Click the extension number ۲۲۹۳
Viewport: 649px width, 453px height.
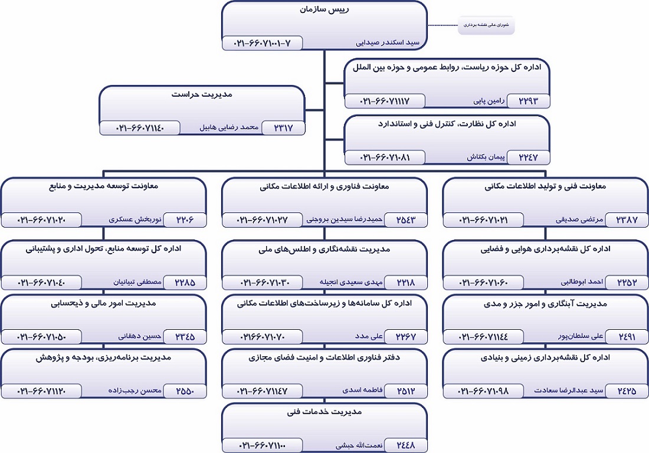[528, 101]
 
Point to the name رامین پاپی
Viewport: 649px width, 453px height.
[483, 101]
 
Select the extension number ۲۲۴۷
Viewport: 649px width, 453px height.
[528, 157]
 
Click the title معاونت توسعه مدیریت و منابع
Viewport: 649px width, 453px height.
[103, 186]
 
